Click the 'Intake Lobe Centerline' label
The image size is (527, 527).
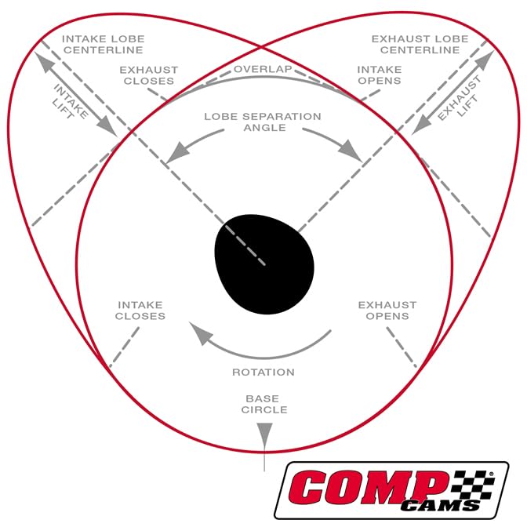click(x=104, y=44)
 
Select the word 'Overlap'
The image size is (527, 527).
click(x=263, y=69)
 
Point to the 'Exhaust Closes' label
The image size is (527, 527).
click(x=148, y=75)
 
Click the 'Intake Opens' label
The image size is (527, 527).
click(x=380, y=75)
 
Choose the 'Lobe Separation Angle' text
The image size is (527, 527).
click(x=263, y=122)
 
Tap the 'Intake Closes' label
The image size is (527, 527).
click(x=140, y=310)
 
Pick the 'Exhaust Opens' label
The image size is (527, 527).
click(x=387, y=310)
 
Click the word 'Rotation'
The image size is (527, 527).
click(x=263, y=372)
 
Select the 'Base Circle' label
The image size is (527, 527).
click(x=266, y=403)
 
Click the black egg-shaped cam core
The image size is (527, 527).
click(x=264, y=259)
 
